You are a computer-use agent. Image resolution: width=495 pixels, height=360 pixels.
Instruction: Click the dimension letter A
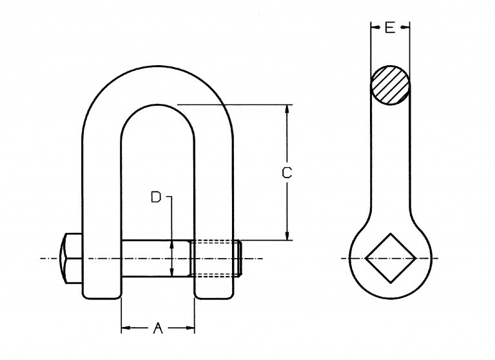tap(157, 328)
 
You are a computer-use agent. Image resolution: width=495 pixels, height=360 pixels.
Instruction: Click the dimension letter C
tap(287, 173)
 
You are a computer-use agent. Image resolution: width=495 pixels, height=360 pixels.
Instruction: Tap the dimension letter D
tap(156, 197)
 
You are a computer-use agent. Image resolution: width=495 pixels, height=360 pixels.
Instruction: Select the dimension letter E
tap(390, 28)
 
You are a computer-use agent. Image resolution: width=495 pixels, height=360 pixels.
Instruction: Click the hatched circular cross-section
tap(391, 85)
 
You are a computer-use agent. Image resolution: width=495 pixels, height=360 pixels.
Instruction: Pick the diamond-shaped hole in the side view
tap(391, 258)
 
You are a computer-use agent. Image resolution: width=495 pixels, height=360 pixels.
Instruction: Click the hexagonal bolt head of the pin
tap(71, 259)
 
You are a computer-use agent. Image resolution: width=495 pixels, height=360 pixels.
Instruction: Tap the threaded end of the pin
tap(217, 259)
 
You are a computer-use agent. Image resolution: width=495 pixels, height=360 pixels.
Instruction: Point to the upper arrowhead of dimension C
tap(287, 109)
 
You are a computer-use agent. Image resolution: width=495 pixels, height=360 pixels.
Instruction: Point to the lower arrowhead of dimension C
tap(287, 235)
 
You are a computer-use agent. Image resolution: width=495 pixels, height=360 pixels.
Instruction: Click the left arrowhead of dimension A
tap(126, 328)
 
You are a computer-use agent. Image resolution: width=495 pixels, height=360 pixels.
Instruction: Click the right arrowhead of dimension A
tap(190, 328)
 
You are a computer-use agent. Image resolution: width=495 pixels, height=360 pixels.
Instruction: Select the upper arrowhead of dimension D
tap(171, 245)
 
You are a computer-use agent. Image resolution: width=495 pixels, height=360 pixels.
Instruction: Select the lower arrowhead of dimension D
tap(171, 272)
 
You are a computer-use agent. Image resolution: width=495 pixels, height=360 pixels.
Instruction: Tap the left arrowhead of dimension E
tap(375, 28)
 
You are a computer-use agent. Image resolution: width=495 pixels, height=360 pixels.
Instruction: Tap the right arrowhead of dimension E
tap(405, 28)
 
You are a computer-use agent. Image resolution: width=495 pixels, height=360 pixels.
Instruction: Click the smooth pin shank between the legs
tap(156, 259)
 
